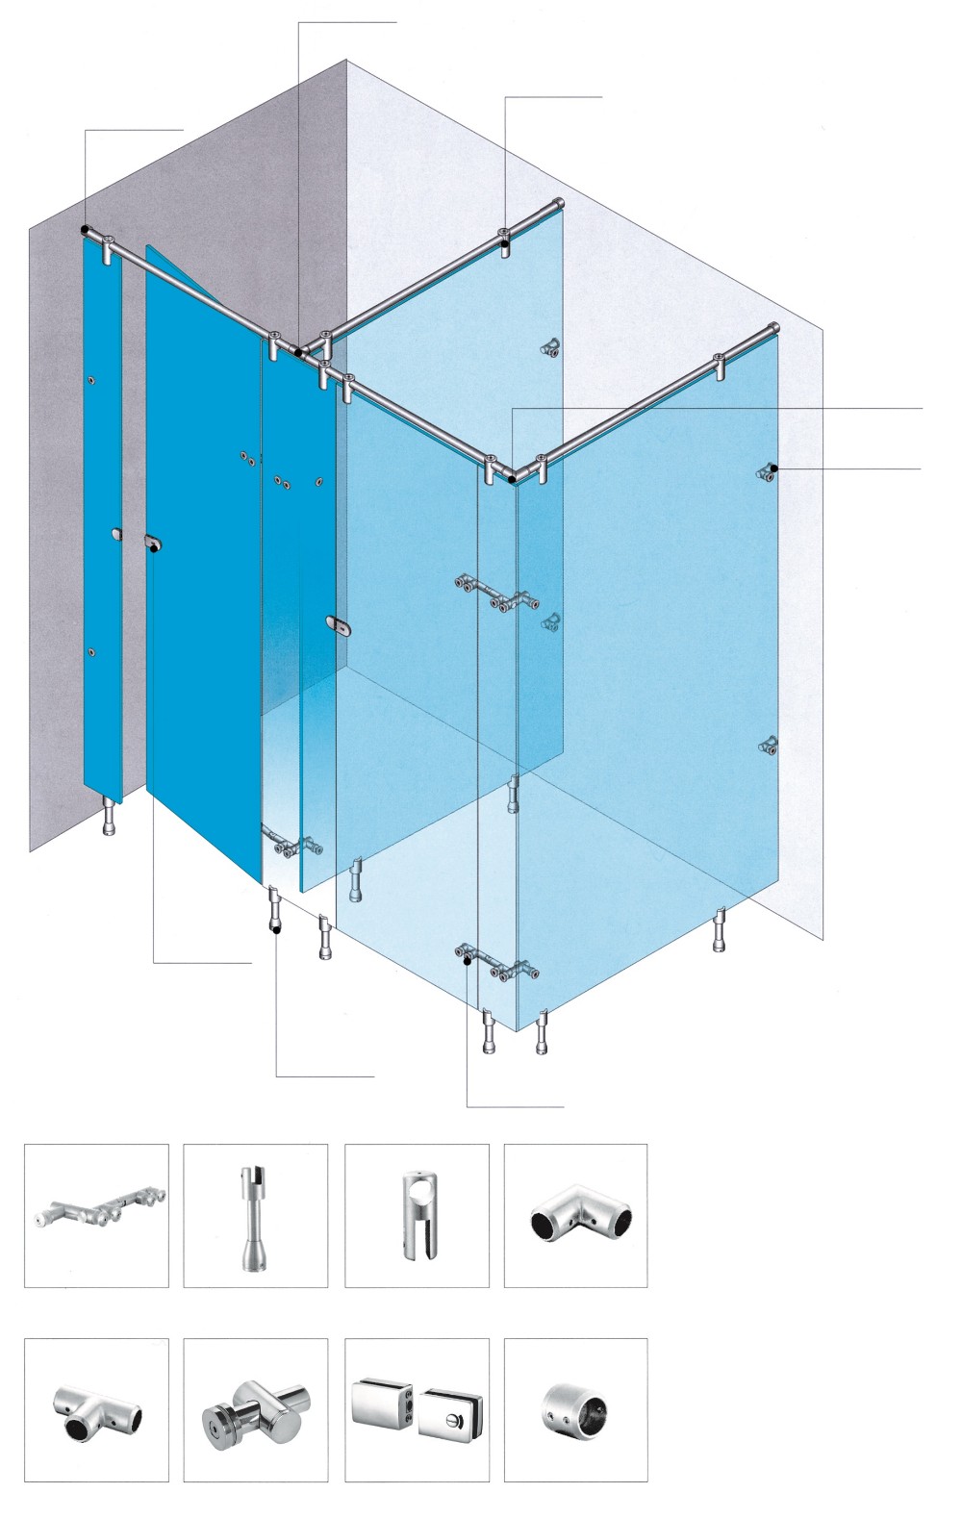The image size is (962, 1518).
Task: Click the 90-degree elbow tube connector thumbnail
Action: click(x=575, y=1215)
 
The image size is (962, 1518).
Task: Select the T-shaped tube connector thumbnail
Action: click(x=96, y=1410)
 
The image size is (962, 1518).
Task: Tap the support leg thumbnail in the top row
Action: click(x=255, y=1215)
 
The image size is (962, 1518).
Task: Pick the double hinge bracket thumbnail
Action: click(x=96, y=1215)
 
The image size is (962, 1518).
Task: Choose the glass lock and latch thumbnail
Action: click(x=416, y=1410)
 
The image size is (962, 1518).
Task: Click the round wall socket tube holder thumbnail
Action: click(x=575, y=1410)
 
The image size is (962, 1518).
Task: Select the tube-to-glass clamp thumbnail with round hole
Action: click(x=416, y=1215)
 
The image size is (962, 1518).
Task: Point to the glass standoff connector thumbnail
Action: click(x=255, y=1410)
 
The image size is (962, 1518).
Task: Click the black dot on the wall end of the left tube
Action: click(x=86, y=232)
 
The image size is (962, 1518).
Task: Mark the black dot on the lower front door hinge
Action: click(x=467, y=959)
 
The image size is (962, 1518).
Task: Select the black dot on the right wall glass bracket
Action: click(x=774, y=468)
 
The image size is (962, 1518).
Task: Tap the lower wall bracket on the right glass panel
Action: click(x=769, y=745)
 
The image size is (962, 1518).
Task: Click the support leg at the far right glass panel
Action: click(x=719, y=930)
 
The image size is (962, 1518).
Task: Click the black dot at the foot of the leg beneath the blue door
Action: click(x=276, y=930)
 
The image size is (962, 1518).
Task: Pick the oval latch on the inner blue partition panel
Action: click(x=339, y=625)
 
